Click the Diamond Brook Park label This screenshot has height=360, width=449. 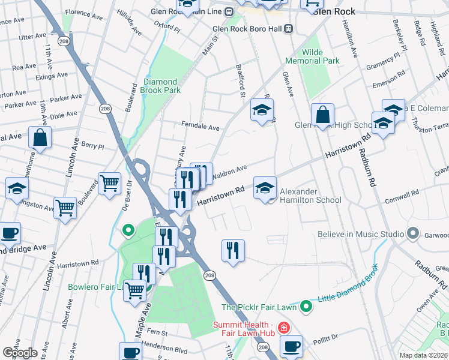[160, 86]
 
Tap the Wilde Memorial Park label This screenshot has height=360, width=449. [321, 56]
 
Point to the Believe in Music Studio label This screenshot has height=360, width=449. [360, 233]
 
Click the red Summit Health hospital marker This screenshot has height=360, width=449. [283, 328]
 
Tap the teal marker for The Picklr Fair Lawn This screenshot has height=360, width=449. [306, 307]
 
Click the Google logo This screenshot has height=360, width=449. [20, 353]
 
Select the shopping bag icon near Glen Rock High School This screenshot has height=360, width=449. [322, 115]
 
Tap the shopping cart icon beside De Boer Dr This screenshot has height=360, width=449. [109, 183]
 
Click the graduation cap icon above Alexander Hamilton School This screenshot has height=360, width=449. [265, 188]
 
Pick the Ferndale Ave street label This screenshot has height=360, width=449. [200, 127]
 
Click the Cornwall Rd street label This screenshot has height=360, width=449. [403, 196]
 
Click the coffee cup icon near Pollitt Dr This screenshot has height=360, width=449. [291, 346]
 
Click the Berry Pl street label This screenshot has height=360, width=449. [92, 146]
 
